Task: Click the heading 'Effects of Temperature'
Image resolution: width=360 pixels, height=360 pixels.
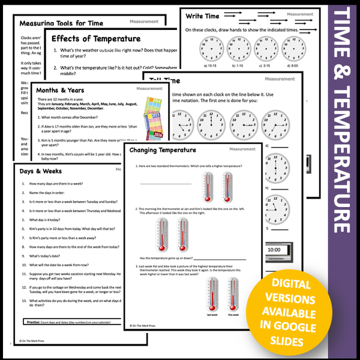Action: tap(96, 39)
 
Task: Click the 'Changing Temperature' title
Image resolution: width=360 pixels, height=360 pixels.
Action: tap(162, 150)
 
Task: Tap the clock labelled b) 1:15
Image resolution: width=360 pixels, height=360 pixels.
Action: tap(237, 49)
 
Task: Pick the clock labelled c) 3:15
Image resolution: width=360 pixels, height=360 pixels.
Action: tap(266, 49)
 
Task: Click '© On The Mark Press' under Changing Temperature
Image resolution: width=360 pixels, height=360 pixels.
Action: tap(147, 326)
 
